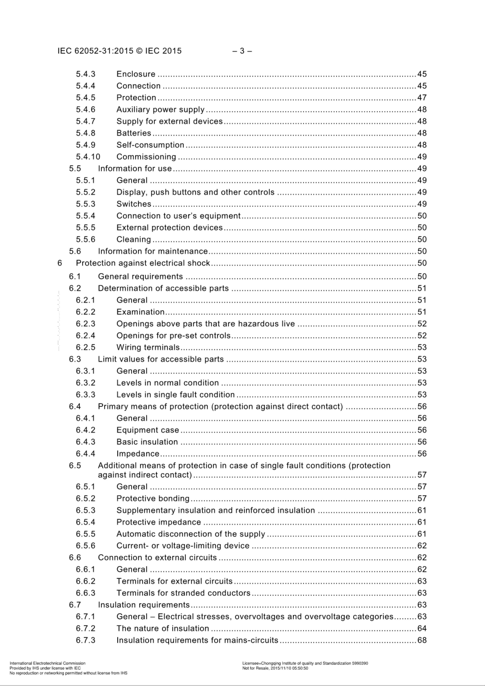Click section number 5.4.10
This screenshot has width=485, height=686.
click(88, 157)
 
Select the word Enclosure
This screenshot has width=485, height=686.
click(136, 74)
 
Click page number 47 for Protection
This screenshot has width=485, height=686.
click(422, 98)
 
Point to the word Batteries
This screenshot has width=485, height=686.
click(134, 133)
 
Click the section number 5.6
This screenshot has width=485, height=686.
click(75, 251)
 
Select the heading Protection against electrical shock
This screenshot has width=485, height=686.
click(143, 263)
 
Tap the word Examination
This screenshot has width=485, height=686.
click(140, 312)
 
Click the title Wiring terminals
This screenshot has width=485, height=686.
click(148, 348)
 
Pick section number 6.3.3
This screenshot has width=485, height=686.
click(86, 395)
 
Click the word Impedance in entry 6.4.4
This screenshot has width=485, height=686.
click(138, 454)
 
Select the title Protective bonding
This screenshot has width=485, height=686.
click(153, 499)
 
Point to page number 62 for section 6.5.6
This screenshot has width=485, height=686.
click(422, 546)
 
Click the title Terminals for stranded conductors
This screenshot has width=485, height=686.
click(183, 593)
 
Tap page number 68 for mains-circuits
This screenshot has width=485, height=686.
click(422, 640)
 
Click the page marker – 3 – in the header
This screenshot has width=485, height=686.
click(242, 51)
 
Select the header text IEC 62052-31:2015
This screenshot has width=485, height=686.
click(95, 51)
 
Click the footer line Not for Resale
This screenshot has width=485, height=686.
click(275, 668)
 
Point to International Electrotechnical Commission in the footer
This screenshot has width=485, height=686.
click(47, 663)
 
